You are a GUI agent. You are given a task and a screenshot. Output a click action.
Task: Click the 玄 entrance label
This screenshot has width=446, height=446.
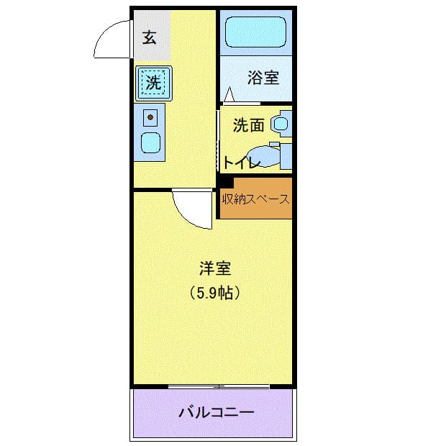(x=150, y=37)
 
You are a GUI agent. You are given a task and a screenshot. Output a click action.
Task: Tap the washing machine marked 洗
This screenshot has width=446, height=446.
(x=154, y=83)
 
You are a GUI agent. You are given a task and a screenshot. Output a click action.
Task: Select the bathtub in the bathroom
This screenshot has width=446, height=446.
(x=255, y=32)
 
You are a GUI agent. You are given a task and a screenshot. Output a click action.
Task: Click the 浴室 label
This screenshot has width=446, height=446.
(x=263, y=78)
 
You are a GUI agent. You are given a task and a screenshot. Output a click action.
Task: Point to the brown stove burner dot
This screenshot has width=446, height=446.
(x=150, y=117)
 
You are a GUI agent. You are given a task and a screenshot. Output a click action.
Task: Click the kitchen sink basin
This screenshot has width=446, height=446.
(x=151, y=142)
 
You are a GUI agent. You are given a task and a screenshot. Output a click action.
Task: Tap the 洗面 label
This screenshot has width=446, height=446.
(x=249, y=125)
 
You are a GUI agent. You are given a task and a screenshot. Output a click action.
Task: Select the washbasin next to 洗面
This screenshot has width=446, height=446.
(x=281, y=124)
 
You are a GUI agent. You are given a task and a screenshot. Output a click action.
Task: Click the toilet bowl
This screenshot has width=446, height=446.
(x=263, y=156)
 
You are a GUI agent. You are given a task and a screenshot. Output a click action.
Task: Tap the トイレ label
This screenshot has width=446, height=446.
(x=242, y=163)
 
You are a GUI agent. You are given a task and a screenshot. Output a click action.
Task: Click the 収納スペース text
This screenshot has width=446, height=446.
(x=255, y=199)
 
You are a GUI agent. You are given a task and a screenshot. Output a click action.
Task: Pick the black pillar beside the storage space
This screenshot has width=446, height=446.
(x=227, y=182)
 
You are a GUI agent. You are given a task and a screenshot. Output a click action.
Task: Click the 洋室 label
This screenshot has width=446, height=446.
(x=215, y=268)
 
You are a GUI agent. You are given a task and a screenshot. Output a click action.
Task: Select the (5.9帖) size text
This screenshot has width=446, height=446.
(x=215, y=293)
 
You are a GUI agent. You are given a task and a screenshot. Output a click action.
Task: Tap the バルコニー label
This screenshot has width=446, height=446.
(x=217, y=412)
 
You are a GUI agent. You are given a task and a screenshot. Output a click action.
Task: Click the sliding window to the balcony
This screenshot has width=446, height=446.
(x=219, y=386)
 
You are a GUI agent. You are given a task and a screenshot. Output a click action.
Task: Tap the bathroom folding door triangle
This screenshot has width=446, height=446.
(x=229, y=94)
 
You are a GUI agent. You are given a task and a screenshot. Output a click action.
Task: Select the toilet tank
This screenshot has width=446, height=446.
(x=286, y=156)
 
